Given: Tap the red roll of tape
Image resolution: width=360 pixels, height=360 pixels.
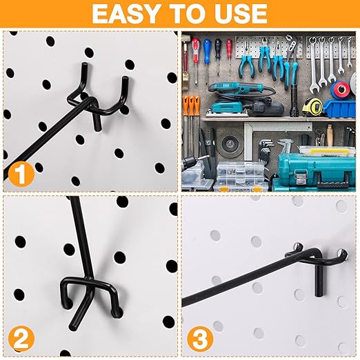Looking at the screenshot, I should (x=341, y=90).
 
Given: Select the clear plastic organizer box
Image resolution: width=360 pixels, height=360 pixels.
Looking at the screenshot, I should (x=239, y=175).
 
